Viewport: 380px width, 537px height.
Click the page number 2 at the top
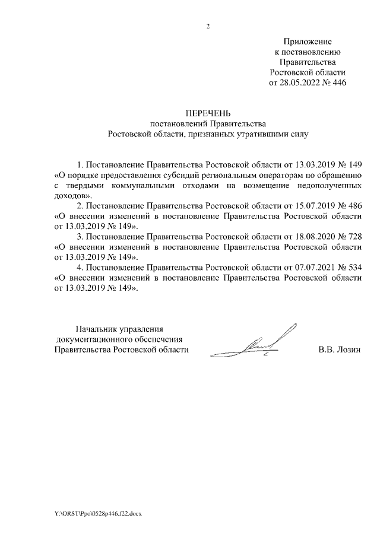[208, 27]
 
